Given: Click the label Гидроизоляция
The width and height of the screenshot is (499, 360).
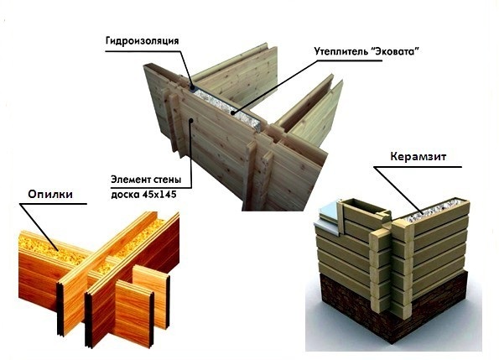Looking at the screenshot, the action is point(143,41).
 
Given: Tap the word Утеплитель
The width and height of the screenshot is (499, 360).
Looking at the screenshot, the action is point(340,51).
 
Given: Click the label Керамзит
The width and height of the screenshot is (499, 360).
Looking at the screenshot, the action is point(418,157).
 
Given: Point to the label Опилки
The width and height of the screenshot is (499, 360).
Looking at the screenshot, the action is point(50,194).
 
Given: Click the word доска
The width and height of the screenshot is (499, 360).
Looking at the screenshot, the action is point(125,195).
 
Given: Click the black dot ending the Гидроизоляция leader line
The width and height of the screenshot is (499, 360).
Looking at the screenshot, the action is point(192,87).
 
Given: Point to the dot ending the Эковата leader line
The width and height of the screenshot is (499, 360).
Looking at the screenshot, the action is point(232,112).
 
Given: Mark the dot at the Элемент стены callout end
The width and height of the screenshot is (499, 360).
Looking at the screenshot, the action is point(191,120).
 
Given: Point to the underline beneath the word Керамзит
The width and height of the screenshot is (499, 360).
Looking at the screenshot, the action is point(418,166).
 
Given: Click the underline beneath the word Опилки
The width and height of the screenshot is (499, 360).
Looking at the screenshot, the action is point(53,204).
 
